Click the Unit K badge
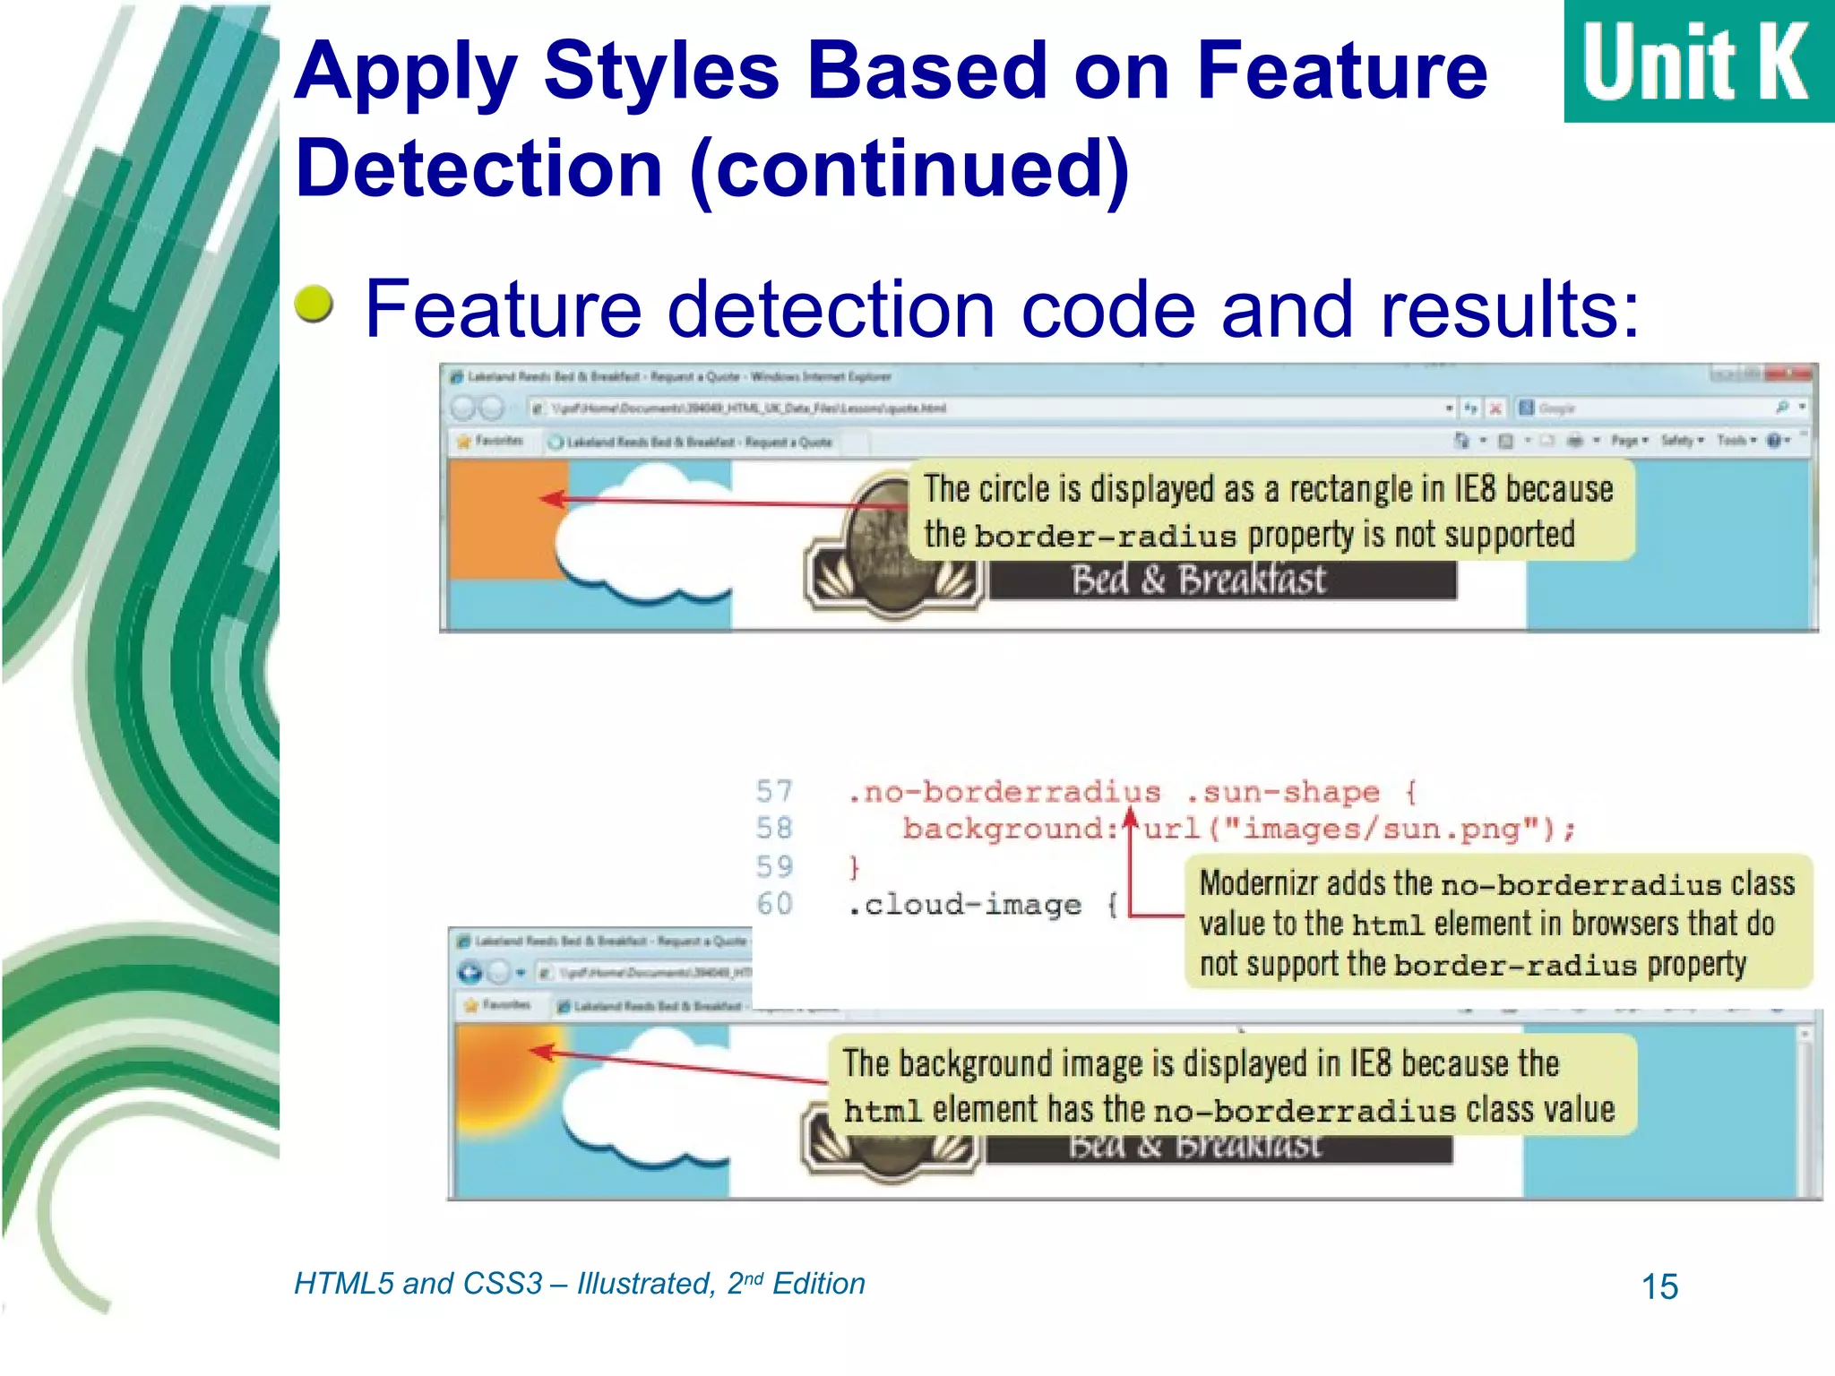pos(1698,61)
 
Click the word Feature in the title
pos(1341,72)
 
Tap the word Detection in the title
pos(479,169)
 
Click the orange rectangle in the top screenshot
pos(497,520)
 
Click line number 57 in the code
pos(774,791)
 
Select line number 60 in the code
pos(774,904)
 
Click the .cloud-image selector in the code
pos(964,905)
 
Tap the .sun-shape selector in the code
pos(1282,792)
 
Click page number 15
pos(1658,1287)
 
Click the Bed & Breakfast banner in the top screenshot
pos(1198,580)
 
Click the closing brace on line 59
pos(854,867)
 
